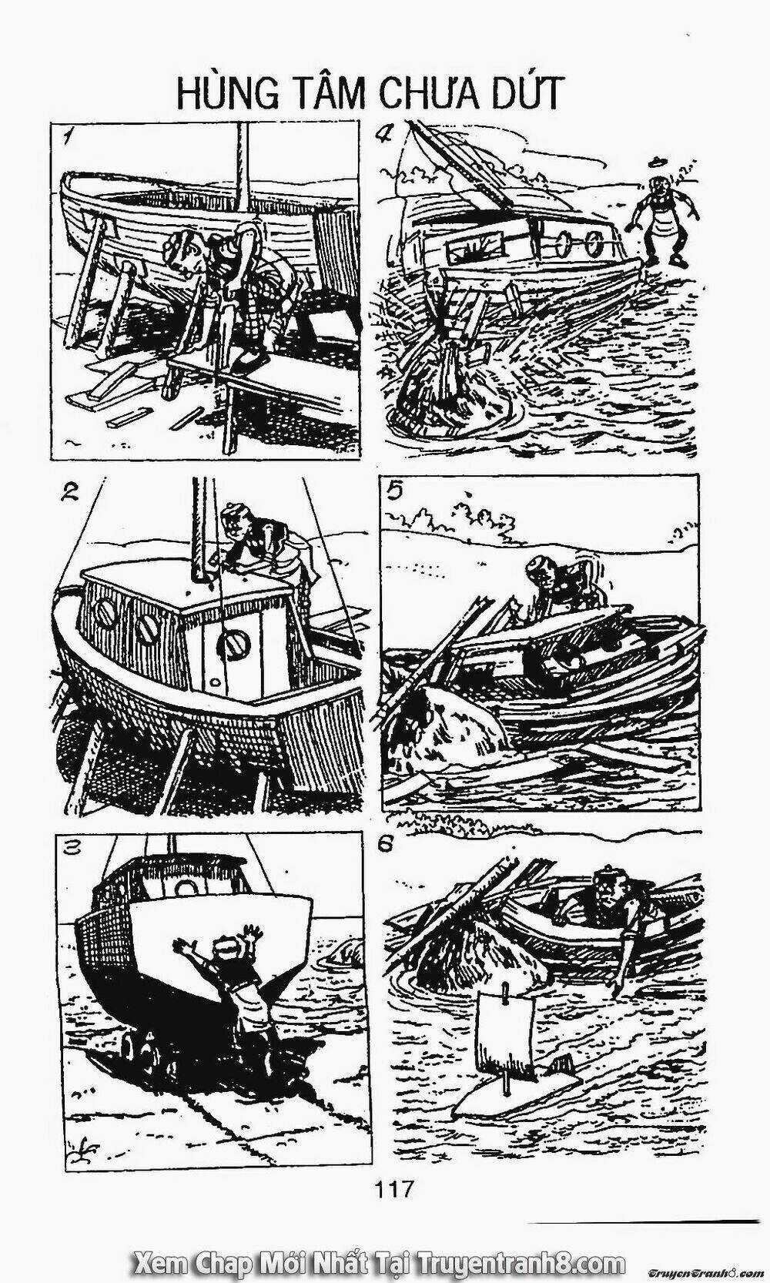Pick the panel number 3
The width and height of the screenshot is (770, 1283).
pyautogui.click(x=72, y=846)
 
